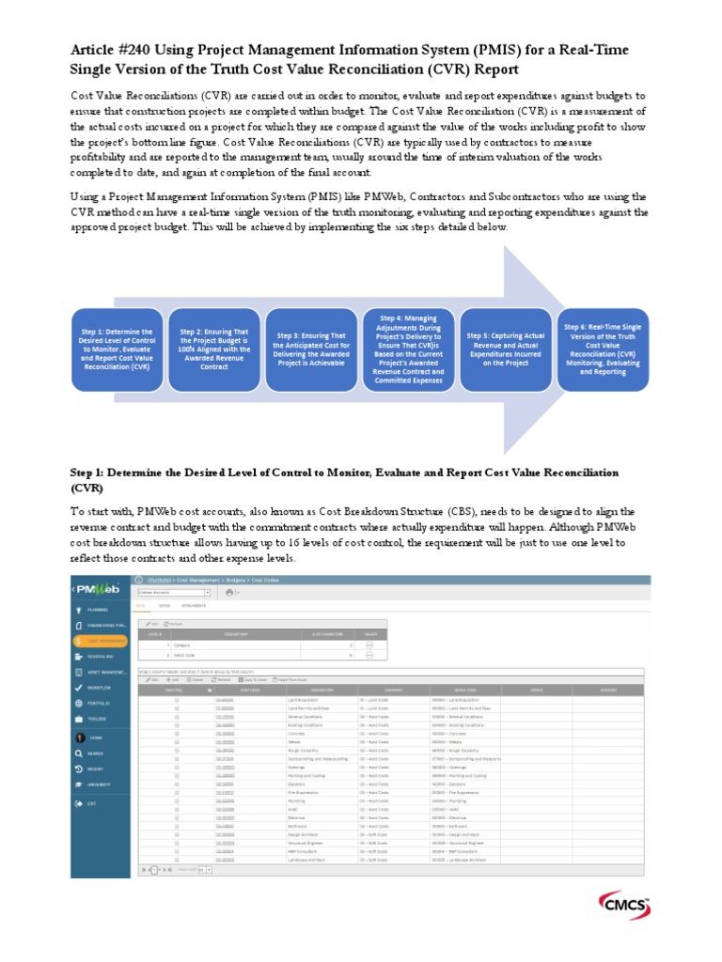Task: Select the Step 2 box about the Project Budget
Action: pyautogui.click(x=215, y=349)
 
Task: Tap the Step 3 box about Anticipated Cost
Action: pyautogui.click(x=311, y=349)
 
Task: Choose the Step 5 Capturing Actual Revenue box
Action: pyautogui.click(x=507, y=349)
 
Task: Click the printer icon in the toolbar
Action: pyautogui.click(x=228, y=593)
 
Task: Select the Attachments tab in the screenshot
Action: pyautogui.click(x=194, y=607)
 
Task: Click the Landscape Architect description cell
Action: pyautogui.click(x=306, y=859)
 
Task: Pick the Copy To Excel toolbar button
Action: pyautogui.click(x=253, y=678)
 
